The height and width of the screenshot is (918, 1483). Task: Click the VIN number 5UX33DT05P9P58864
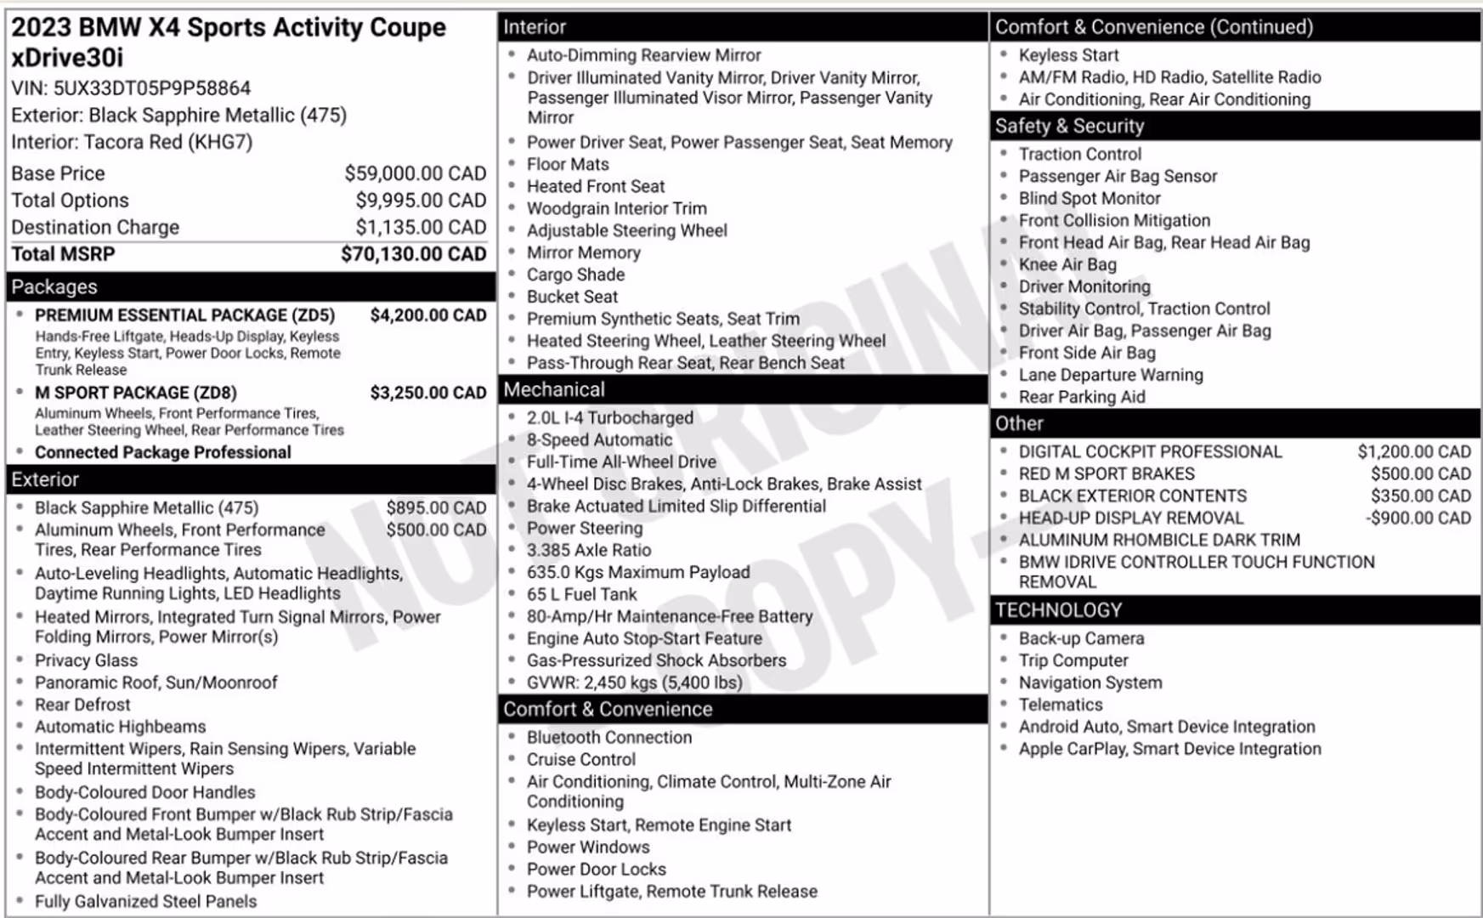pyautogui.click(x=152, y=88)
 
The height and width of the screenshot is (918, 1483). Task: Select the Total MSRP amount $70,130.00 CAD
pyautogui.click(x=413, y=254)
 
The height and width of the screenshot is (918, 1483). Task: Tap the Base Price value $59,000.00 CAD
pyautogui.click(x=415, y=173)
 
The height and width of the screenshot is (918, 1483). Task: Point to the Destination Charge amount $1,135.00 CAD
pyautogui.click(x=421, y=227)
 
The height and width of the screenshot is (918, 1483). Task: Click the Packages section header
pyautogui.click(x=54, y=286)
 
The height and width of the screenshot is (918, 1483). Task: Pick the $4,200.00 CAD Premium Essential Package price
pyautogui.click(x=427, y=315)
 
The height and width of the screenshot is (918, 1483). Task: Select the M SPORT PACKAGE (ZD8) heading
pyautogui.click(x=136, y=393)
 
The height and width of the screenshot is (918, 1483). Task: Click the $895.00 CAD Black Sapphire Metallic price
pyautogui.click(x=436, y=507)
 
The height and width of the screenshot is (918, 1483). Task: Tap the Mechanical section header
pyautogui.click(x=554, y=389)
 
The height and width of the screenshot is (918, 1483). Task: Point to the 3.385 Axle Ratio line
pyautogui.click(x=589, y=550)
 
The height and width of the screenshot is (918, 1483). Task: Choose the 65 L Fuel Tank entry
pyautogui.click(x=581, y=594)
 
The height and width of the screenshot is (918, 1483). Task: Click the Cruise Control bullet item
pyautogui.click(x=581, y=759)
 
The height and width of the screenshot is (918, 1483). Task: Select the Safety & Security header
pyautogui.click(x=1069, y=126)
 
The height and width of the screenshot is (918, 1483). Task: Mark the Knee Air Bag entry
pyautogui.click(x=1067, y=264)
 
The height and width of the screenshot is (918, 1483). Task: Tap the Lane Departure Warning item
pyautogui.click(x=1111, y=375)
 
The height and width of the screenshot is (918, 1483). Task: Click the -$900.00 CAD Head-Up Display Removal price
pyautogui.click(x=1418, y=518)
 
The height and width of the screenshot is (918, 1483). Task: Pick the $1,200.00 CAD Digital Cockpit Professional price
pyautogui.click(x=1413, y=451)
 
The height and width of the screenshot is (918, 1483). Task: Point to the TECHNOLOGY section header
pyautogui.click(x=1058, y=609)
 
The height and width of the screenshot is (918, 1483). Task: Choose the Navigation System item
pyautogui.click(x=1090, y=683)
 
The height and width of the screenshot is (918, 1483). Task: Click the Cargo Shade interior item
pyautogui.click(x=575, y=275)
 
